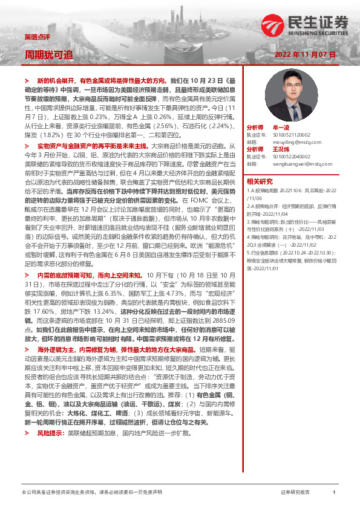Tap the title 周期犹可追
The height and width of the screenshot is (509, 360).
(48, 54)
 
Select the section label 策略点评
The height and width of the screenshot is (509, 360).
(34, 37)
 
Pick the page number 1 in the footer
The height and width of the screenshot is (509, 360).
(334, 493)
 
